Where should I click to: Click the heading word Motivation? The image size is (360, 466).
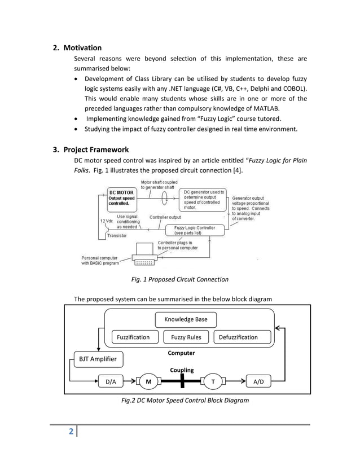[x=82, y=48]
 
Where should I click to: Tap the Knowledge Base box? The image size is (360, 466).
[x=186, y=319]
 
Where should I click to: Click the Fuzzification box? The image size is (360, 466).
[x=133, y=337]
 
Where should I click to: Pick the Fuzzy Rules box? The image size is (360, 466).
[x=186, y=337]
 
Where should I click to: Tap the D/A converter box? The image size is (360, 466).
[x=111, y=381]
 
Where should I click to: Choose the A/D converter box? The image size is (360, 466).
[x=258, y=381]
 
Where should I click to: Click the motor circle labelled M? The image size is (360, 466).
[x=148, y=381]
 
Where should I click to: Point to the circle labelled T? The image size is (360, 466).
[x=213, y=381]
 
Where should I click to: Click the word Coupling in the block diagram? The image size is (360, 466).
[x=182, y=370]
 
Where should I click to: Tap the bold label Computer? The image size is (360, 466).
[x=181, y=353]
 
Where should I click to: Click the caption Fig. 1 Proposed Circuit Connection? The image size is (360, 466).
[x=180, y=279]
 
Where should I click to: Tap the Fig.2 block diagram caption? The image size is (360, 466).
[x=185, y=401]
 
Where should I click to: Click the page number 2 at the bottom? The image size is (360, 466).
[x=71, y=433]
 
